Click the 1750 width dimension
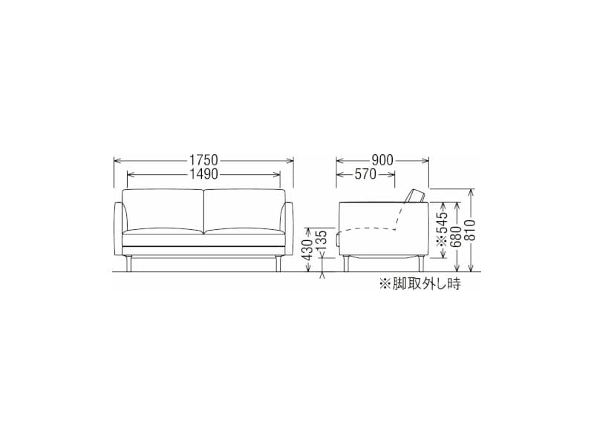pos(203,160)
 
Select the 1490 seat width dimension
pos(203,174)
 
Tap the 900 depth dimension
pos(382,160)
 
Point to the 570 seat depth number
pos(365,174)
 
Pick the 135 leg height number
pos(322,240)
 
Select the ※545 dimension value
pos(442,229)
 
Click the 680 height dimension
pos(457,237)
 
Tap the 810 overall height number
pos(471,230)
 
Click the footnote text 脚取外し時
pos(426,283)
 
